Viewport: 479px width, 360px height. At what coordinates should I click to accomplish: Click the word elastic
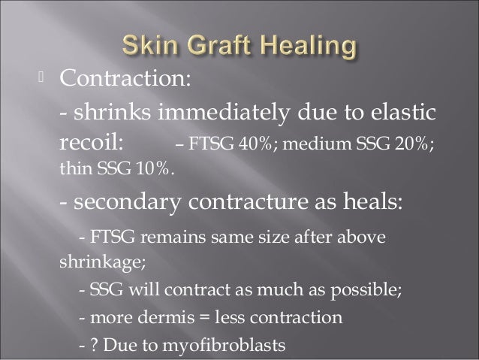398,112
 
